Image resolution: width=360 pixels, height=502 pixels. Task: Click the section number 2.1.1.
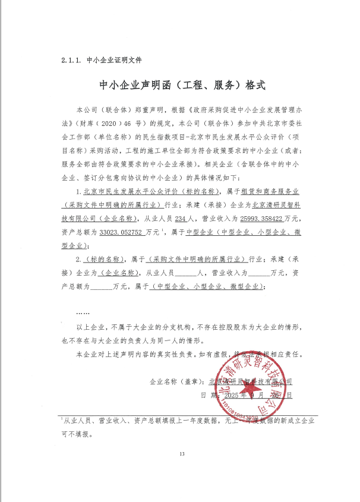(72, 61)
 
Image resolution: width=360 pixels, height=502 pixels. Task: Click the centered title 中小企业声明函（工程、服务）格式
(180, 85)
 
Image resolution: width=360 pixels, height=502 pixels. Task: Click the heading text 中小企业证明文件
(114, 61)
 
